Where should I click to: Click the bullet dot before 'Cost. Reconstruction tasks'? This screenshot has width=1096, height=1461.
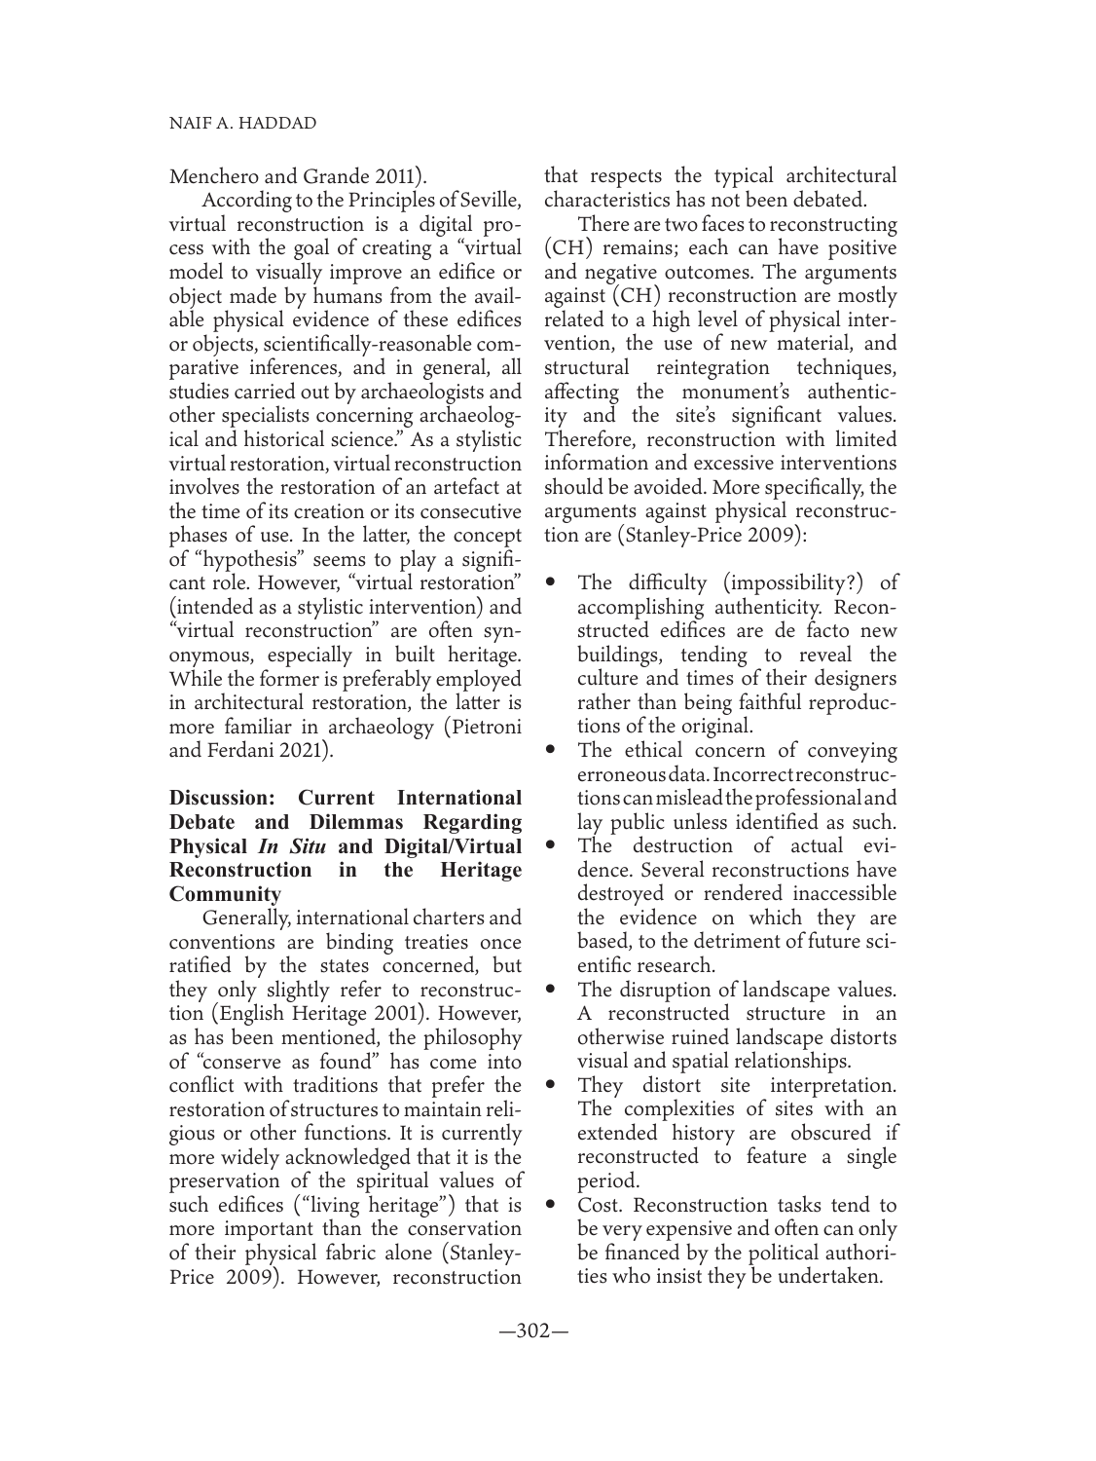552,1207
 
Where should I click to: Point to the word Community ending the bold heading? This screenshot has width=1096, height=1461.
225,893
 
